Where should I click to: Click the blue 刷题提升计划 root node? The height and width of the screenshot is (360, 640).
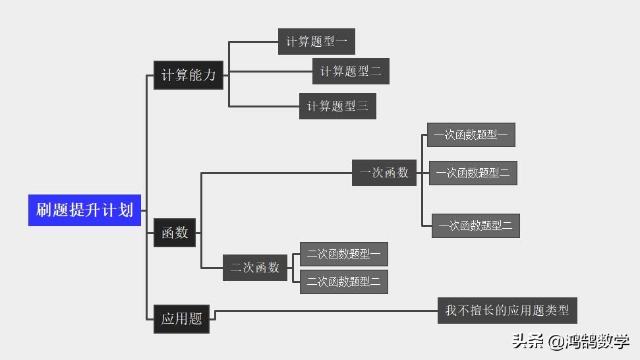coord(84,210)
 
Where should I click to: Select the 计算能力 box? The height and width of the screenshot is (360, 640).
coord(188,75)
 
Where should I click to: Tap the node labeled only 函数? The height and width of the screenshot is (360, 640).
coord(175,233)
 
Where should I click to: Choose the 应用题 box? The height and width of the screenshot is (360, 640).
coord(181,319)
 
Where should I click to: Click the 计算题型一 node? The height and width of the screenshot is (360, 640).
coord(316,42)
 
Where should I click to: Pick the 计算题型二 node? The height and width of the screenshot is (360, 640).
coord(351,71)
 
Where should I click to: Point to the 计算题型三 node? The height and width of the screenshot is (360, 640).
coord(337,105)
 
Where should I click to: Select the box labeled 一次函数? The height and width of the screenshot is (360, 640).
coord(384,173)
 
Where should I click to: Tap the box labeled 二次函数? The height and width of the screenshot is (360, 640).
coord(254,268)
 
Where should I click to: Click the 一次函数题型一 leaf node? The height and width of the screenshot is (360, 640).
coord(471,135)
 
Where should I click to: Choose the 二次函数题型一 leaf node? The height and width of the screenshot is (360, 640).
coord(343,254)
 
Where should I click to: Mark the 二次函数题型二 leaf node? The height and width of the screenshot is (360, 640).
coord(343,282)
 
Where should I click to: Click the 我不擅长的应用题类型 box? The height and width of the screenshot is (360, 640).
coord(507,310)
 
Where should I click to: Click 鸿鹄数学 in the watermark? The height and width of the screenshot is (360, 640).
coord(598,341)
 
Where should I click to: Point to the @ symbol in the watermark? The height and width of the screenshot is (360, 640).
coord(555,342)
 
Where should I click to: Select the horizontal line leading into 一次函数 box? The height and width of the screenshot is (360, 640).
coord(277,173)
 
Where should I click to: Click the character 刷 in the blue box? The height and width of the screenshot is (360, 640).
coord(44,210)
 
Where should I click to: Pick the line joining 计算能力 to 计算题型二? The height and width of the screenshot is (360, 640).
coord(270,71)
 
